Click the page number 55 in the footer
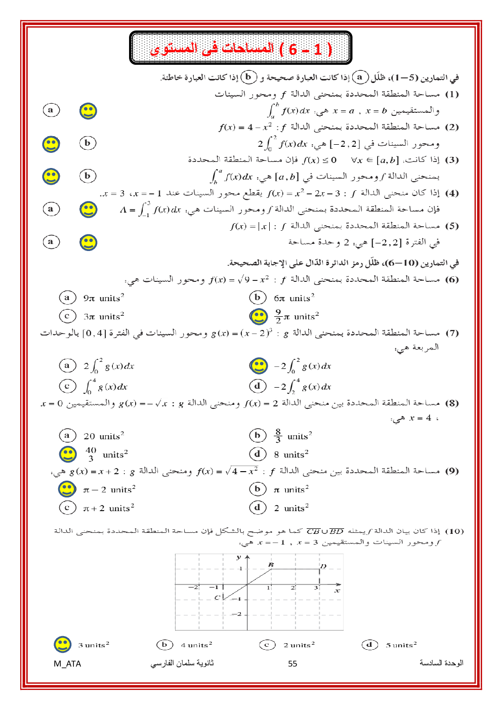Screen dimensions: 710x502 (x=292, y=663)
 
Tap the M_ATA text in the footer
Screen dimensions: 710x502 (x=67, y=663)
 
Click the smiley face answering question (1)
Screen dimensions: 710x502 (x=88, y=111)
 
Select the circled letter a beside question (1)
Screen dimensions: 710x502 (x=51, y=110)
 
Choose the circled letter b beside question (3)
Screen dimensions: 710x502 (x=88, y=176)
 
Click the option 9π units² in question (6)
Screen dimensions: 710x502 (x=103, y=298)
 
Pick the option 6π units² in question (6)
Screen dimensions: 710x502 (x=294, y=298)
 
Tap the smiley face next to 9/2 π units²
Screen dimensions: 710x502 (x=259, y=317)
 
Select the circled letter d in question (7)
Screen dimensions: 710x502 (x=258, y=386)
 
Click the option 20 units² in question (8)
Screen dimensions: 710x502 (x=103, y=436)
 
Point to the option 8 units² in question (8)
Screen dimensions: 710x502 (x=291, y=454)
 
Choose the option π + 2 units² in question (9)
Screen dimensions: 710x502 (x=108, y=508)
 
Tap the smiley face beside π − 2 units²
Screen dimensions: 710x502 (x=67, y=489)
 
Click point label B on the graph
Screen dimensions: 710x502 (x=271, y=565)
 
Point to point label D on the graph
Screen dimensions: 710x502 (x=323, y=566)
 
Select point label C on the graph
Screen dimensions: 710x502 (x=217, y=598)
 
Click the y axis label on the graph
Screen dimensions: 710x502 (x=238, y=557)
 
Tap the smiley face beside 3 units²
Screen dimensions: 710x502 (x=62, y=644)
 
